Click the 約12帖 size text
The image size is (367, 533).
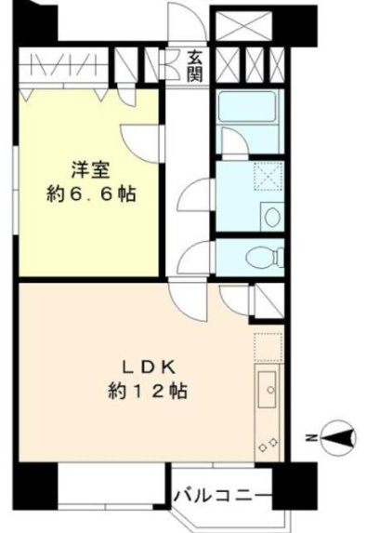click(x=148, y=391)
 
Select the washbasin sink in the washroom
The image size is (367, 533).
click(x=271, y=217)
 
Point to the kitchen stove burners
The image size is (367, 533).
click(x=267, y=443)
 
